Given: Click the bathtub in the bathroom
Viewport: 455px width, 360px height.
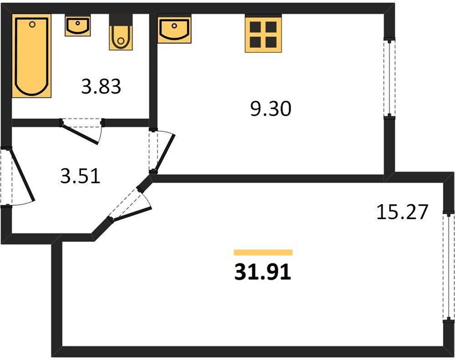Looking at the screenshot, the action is pos(32,56).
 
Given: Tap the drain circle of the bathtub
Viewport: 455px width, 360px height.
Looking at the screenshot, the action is pos(32,25).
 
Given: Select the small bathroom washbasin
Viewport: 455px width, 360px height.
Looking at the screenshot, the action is pos(77,26).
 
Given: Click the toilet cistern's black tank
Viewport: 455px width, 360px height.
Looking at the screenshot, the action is pos(121,20).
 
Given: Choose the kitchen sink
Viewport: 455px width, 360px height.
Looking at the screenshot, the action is pos(174,29).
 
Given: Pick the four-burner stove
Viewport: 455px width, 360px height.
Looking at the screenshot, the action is pos(264,34).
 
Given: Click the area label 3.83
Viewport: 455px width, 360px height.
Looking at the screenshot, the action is pos(101,87).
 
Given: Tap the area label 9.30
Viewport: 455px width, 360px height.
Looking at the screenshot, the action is pos(271,109).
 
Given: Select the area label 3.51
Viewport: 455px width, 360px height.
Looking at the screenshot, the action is pos(80,176).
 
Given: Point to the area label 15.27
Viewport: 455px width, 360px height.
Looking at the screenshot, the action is pos(402,212).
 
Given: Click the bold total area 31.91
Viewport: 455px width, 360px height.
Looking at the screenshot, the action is pos(262,272).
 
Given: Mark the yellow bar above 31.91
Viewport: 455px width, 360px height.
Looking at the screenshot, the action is pos(263,253).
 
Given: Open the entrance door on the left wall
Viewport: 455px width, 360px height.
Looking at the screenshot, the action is pos(21,175).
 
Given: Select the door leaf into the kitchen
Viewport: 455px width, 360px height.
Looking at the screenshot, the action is pos(164,153).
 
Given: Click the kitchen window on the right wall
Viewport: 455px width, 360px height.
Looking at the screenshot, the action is pos(390,79).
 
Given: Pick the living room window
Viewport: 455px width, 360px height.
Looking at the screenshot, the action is pos(448,267).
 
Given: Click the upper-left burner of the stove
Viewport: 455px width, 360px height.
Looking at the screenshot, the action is pos(255,26).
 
